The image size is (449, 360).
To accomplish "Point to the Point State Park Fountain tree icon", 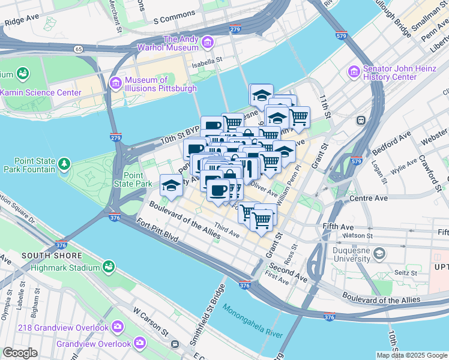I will (64, 164).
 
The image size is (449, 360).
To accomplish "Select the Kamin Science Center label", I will (40, 92).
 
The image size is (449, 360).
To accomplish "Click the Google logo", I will (20, 353).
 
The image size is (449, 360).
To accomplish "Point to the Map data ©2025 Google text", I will (411, 355).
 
